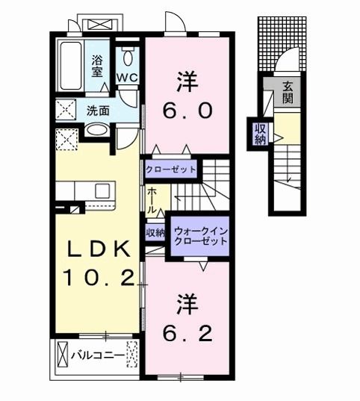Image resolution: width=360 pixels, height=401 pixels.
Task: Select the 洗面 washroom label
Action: click(x=97, y=111)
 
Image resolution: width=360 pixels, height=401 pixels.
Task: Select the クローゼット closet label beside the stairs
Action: click(x=171, y=170)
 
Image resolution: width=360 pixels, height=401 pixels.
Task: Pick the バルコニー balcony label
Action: click(x=97, y=355)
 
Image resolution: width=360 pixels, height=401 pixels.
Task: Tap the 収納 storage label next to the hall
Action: click(x=155, y=233)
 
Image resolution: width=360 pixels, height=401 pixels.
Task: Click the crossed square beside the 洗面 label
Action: click(x=65, y=112)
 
